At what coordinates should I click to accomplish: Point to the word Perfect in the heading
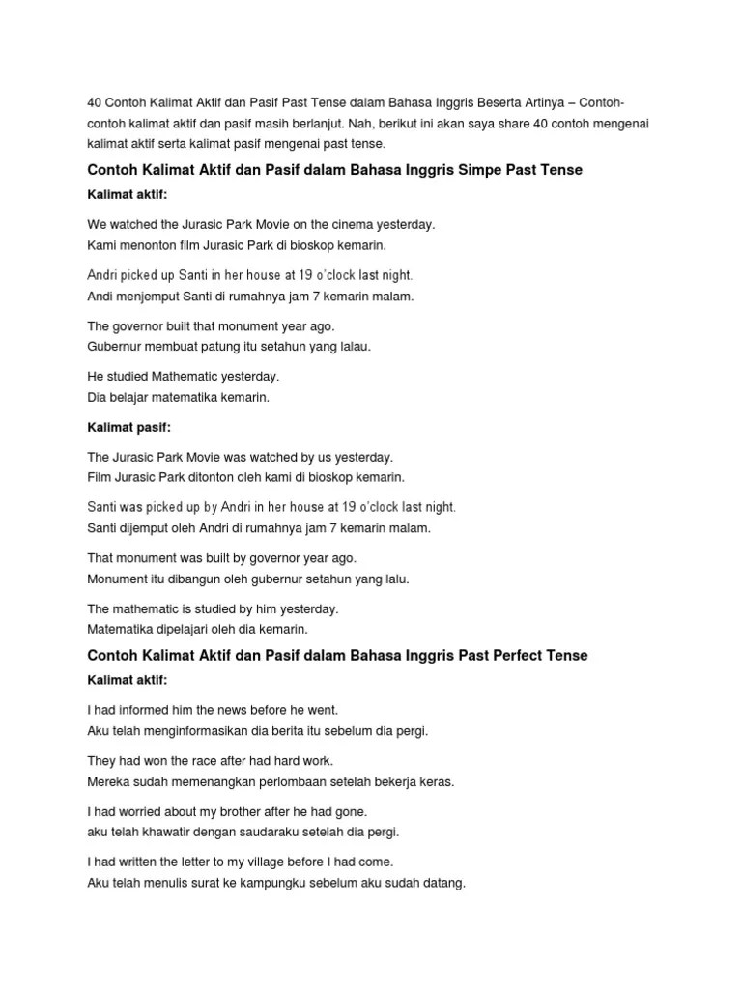(521, 656)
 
